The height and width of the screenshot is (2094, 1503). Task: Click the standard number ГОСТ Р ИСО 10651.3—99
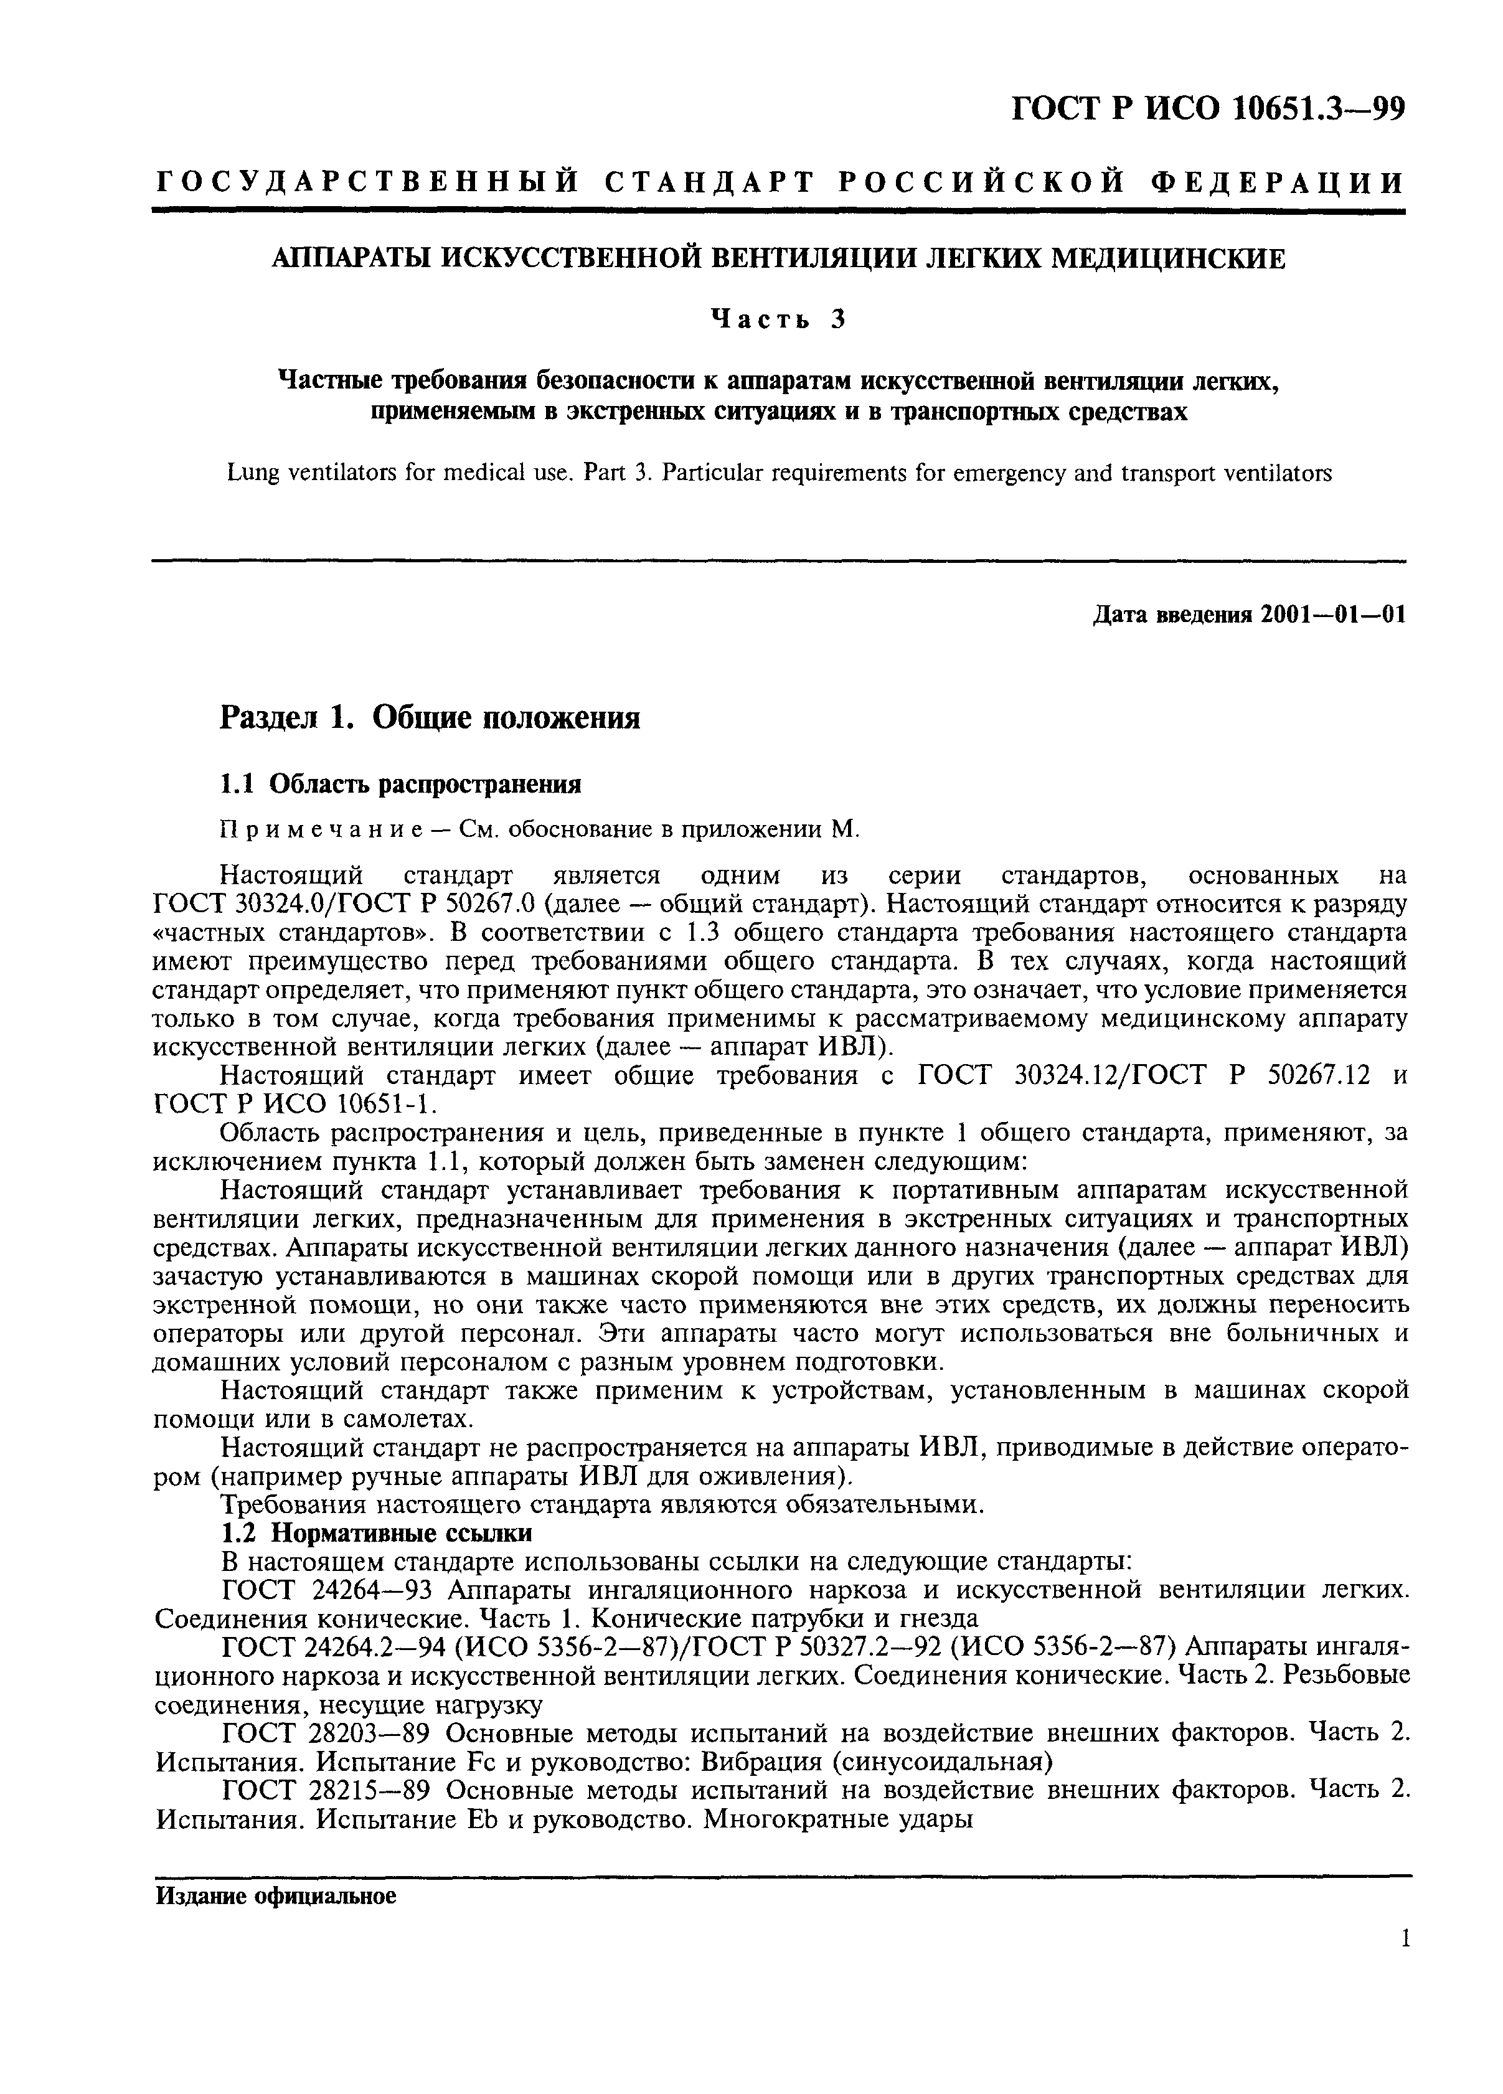click(1209, 109)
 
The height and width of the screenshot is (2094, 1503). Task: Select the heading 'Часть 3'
click(778, 319)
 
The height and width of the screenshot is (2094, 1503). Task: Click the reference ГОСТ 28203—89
click(327, 1733)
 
